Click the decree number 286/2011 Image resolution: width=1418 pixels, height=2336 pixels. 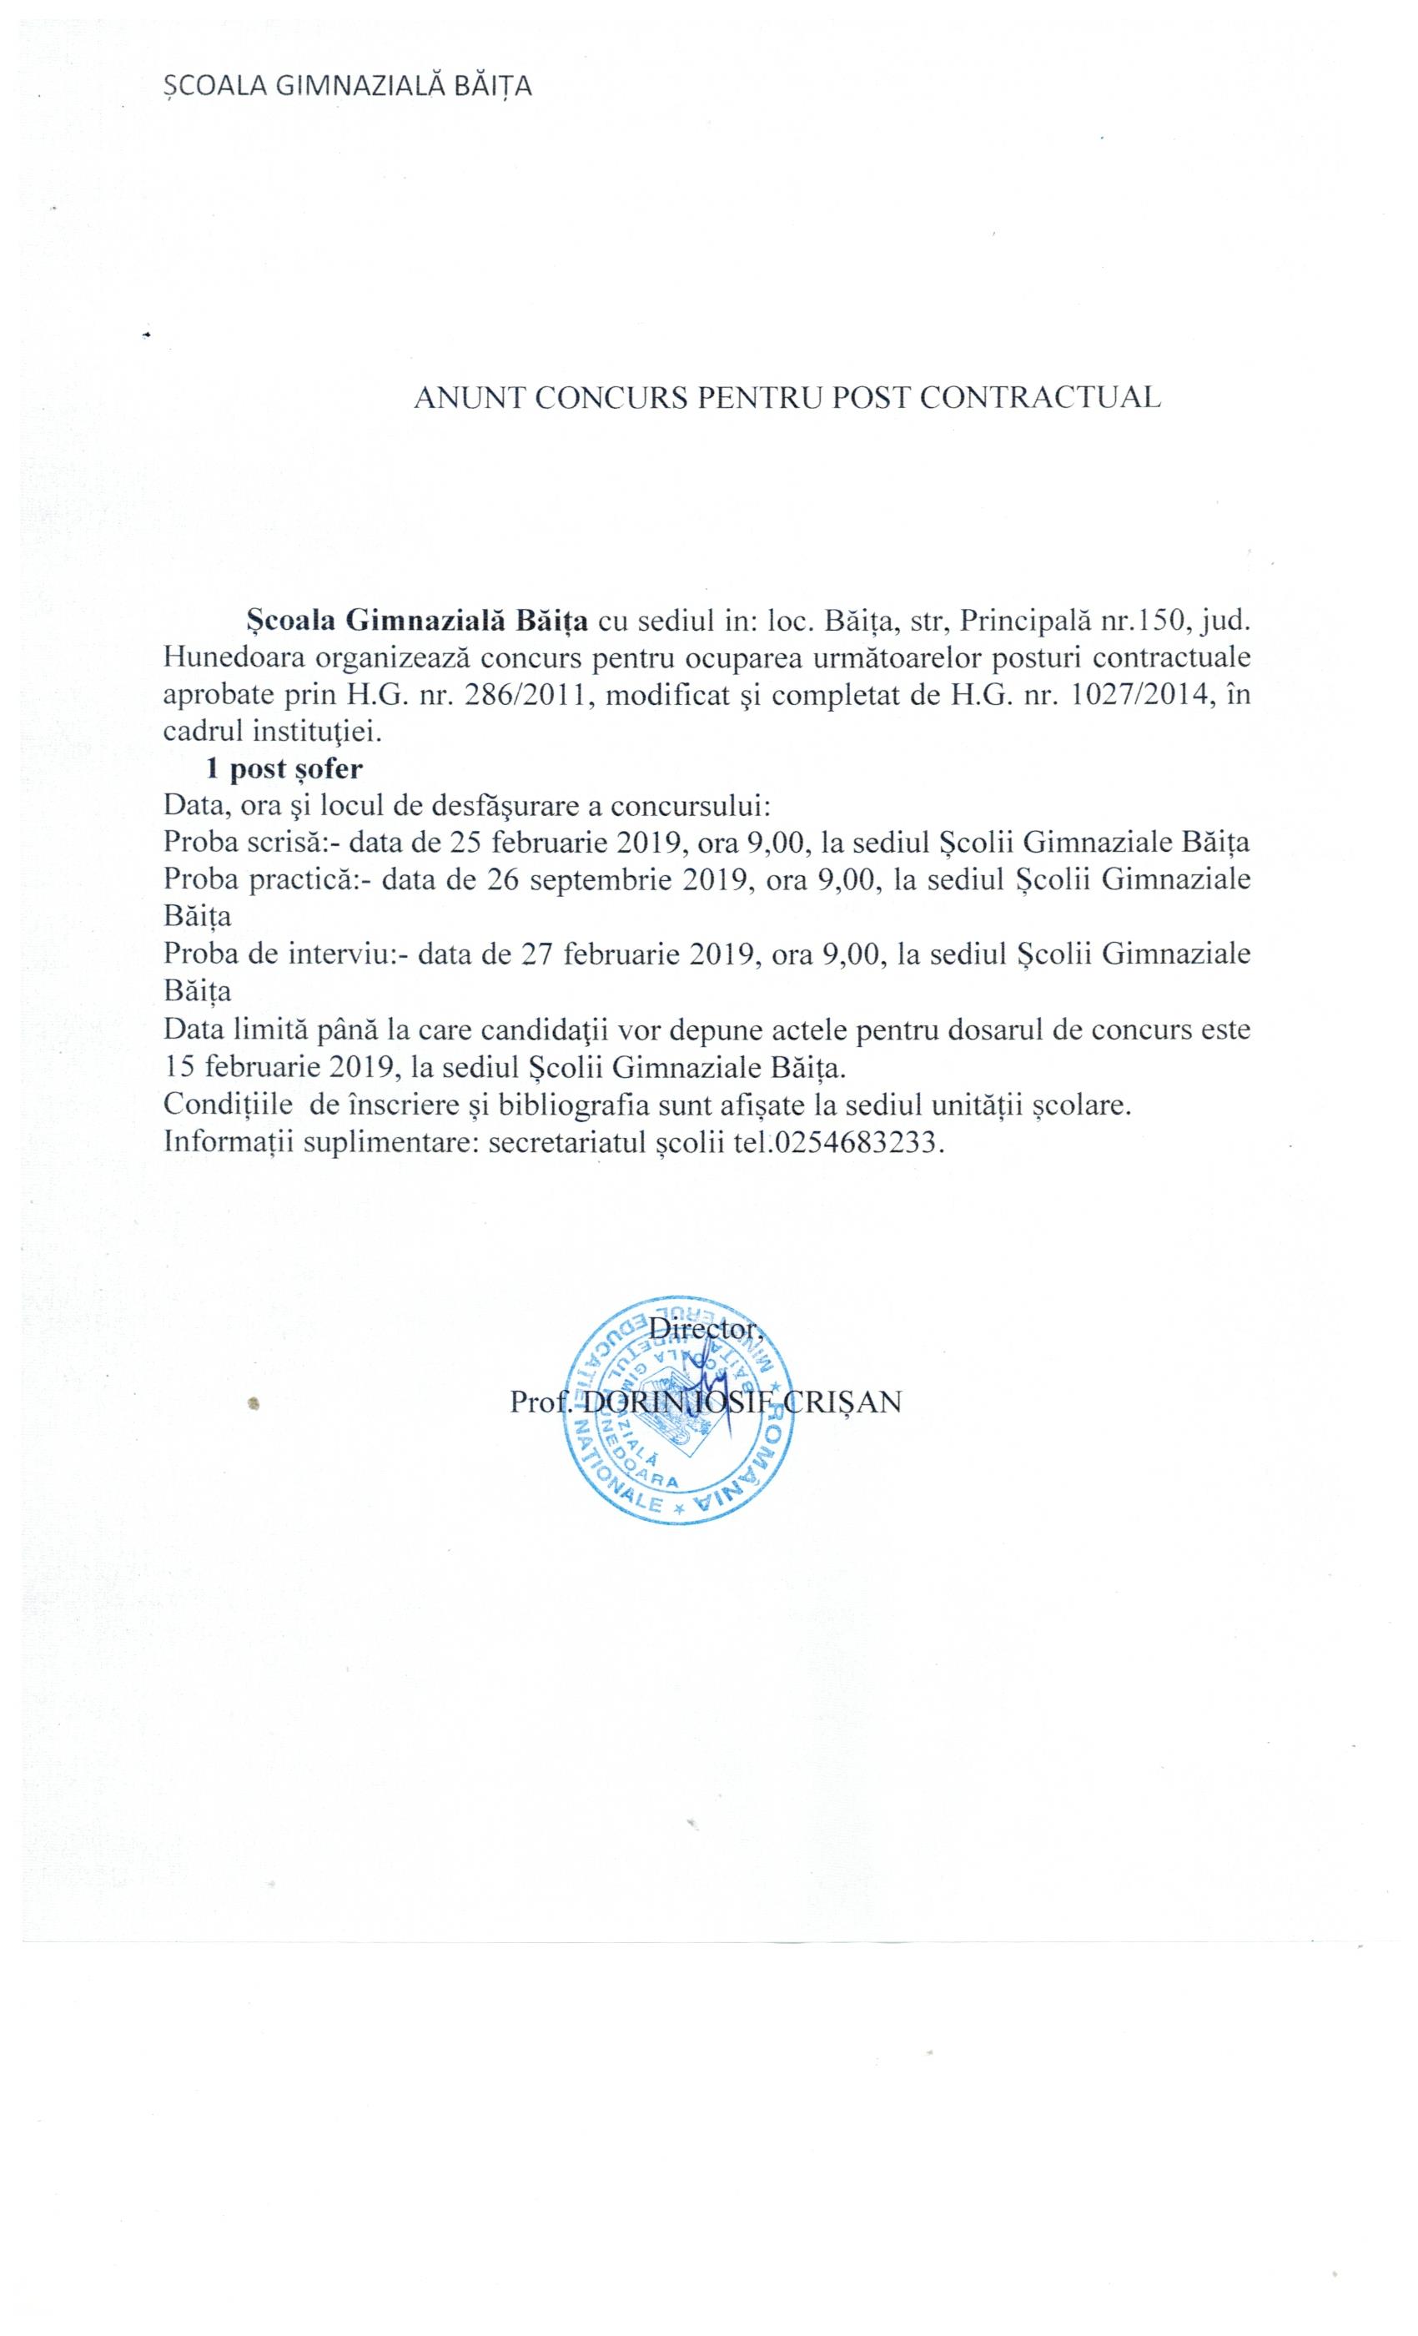pyautogui.click(x=535, y=695)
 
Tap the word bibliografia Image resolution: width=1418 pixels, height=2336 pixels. pyautogui.click(x=565, y=1105)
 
